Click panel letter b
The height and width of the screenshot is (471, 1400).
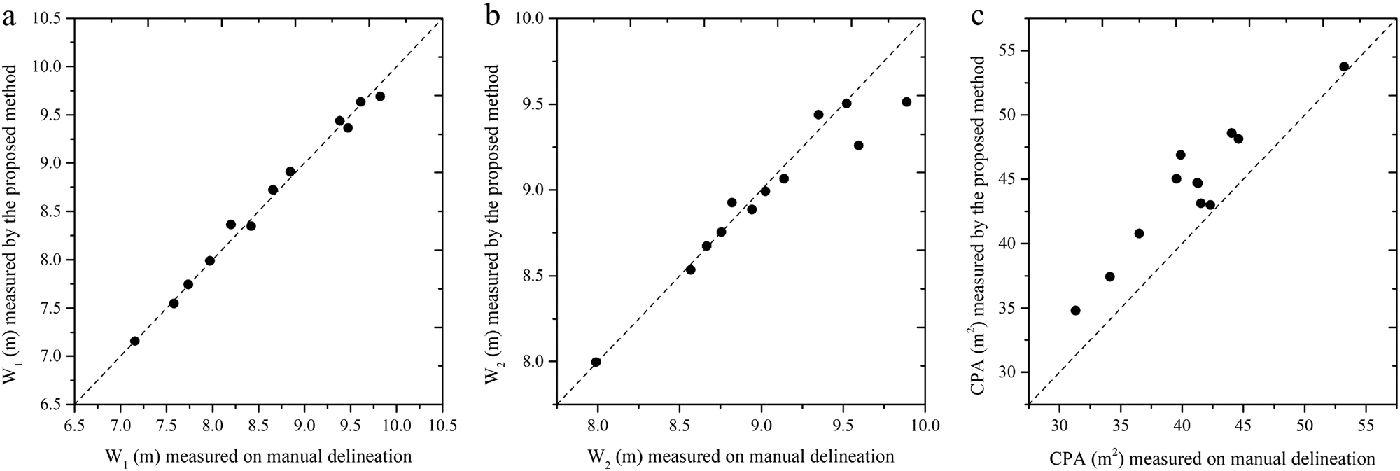pyautogui.click(x=493, y=16)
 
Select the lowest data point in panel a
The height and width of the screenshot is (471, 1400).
pyautogui.click(x=135, y=341)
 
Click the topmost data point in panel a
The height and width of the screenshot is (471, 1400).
pyautogui.click(x=380, y=97)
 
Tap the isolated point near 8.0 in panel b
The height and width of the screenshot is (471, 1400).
pyautogui.click(x=596, y=362)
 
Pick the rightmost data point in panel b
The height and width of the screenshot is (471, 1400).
pyautogui.click(x=906, y=101)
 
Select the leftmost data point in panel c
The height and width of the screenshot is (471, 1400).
pyautogui.click(x=1075, y=310)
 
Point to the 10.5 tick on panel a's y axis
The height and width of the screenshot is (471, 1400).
pyautogui.click(x=48, y=18)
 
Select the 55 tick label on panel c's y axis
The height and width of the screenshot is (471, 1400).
pyautogui.click(x=1011, y=51)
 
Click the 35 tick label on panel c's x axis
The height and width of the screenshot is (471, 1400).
pyautogui.click(x=1121, y=425)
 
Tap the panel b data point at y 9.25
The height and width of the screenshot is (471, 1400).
pyautogui.click(x=858, y=146)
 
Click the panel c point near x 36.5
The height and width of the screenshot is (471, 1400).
pyautogui.click(x=1139, y=233)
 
